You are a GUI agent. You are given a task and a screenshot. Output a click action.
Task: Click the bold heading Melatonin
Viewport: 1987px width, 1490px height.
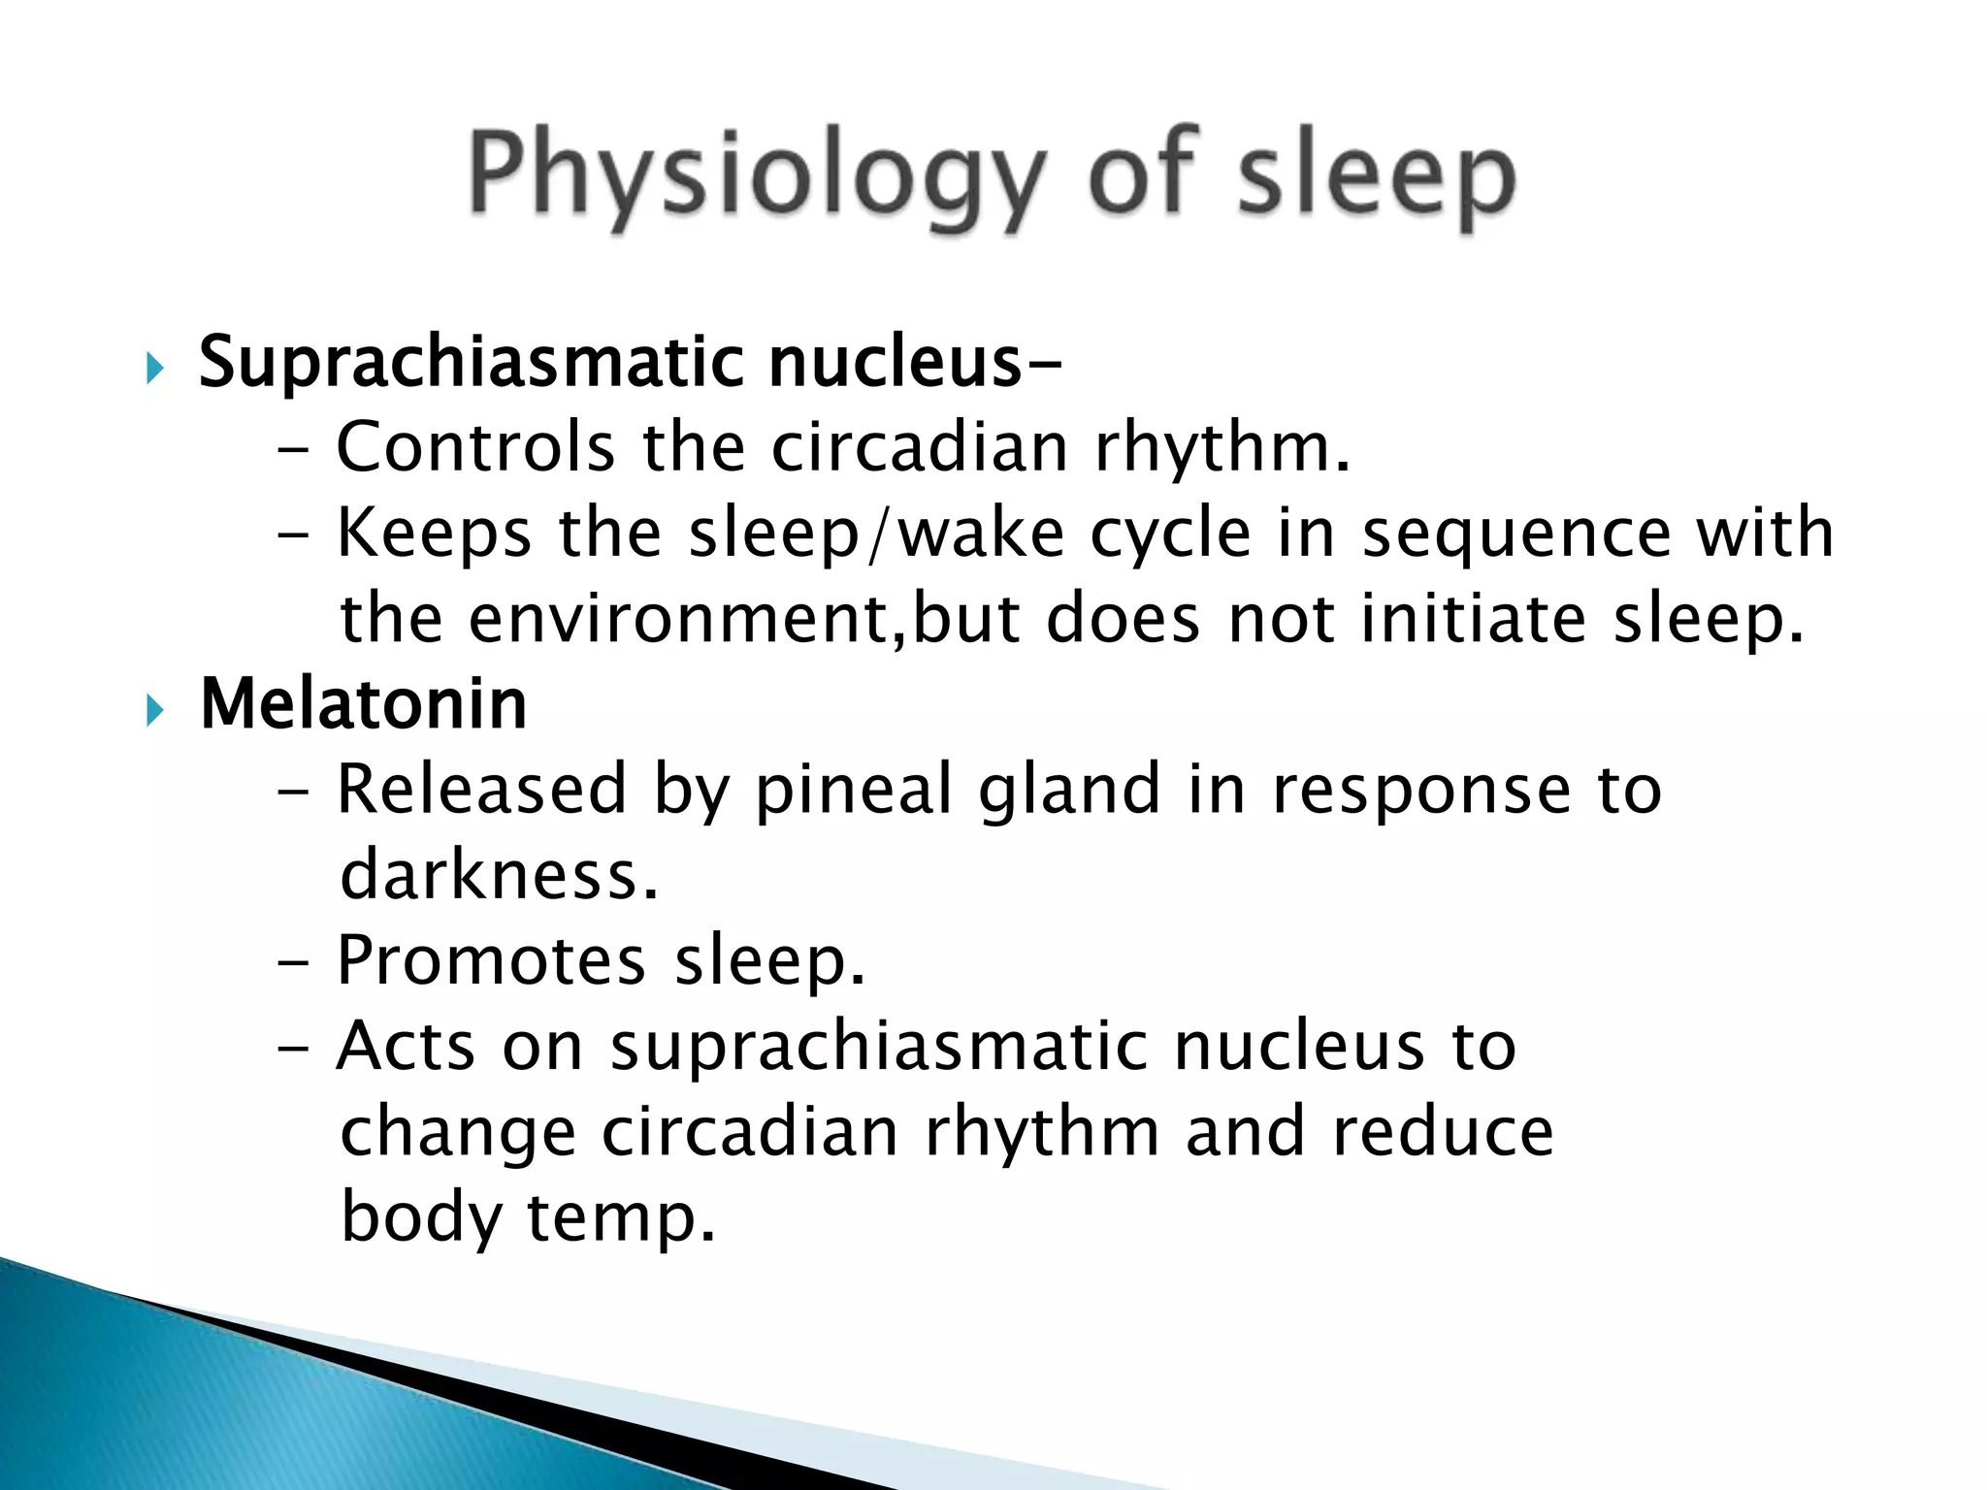click(364, 704)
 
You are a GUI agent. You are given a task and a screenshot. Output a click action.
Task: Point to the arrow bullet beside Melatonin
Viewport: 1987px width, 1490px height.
click(154, 712)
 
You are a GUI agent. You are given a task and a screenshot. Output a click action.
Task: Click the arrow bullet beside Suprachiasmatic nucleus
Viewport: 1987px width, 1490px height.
click(154, 369)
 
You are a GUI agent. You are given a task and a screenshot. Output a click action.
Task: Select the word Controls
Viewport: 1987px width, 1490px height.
click(475, 447)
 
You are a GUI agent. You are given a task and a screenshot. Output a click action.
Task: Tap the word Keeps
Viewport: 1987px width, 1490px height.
click(435, 534)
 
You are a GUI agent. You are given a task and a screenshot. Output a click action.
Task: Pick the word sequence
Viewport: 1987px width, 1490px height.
click(1516, 536)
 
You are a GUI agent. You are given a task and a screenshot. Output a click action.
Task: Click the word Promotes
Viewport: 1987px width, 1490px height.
click(491, 961)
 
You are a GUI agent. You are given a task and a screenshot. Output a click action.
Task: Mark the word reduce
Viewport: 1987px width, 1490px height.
click(1443, 1132)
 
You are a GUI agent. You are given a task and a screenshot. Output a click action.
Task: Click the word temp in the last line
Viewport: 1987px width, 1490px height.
click(620, 1219)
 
